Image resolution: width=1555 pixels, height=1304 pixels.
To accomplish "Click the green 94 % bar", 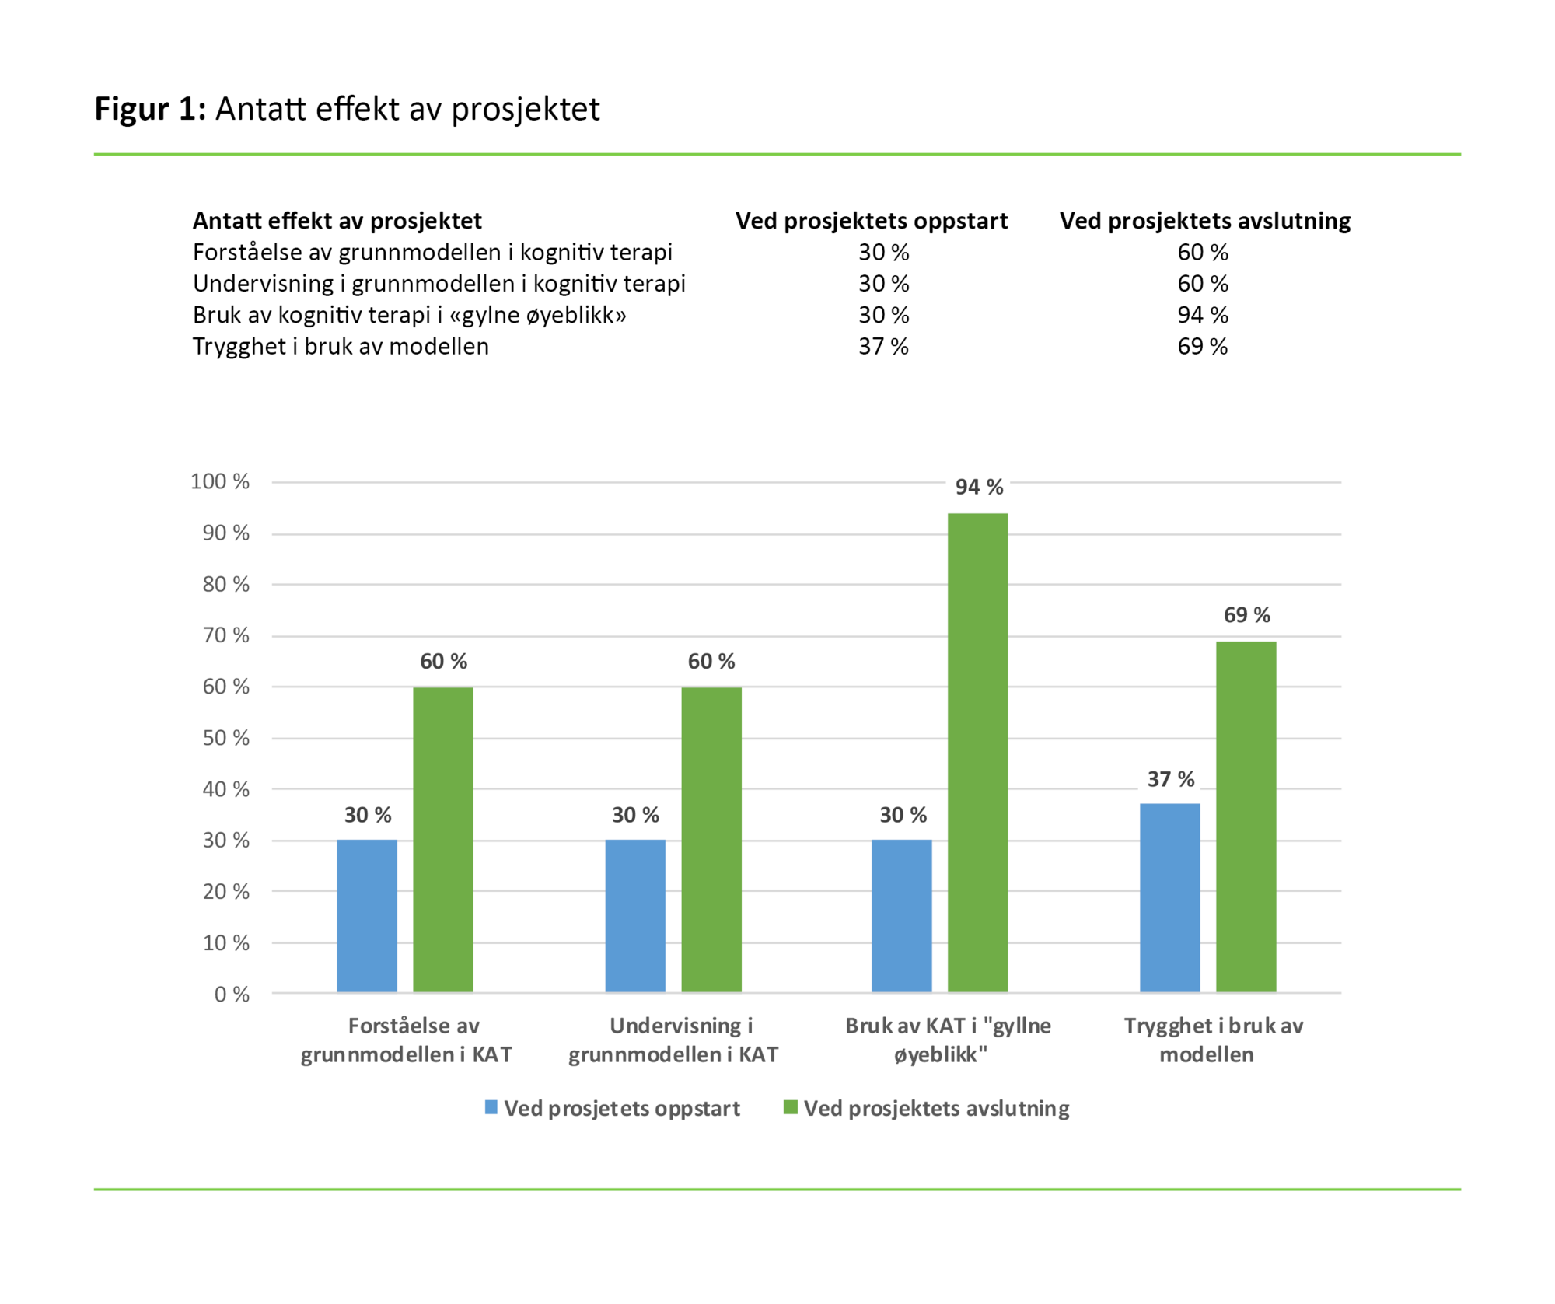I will coord(977,752).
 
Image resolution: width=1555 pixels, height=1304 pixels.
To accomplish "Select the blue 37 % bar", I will coord(1169,897).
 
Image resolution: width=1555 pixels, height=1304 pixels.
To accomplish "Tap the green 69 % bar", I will coord(1246,816).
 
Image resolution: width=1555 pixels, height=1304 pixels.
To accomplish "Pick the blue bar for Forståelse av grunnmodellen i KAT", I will coord(367,915).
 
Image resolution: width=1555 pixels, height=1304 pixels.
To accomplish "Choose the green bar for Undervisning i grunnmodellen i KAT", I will coord(711,839).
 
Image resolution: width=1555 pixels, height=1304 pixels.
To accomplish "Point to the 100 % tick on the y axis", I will coord(220,481).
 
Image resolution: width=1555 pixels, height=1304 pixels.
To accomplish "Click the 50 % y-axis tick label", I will coord(225,737).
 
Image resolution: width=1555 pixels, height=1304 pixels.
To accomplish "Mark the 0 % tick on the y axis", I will coord(232,994).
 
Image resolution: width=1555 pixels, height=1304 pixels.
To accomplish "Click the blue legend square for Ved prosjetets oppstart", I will coord(491,1107).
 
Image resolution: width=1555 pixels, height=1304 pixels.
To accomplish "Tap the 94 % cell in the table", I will coord(1202,315).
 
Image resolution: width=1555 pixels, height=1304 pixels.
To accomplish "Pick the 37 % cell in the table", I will coord(883,346).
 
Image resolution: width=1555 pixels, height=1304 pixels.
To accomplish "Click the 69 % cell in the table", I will coord(1202,346).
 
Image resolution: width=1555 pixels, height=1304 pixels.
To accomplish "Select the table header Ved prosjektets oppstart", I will coord(872,221).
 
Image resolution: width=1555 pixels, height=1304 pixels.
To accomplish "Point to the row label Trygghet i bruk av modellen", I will coord(341,346).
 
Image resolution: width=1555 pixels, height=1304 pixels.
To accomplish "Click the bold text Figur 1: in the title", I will coord(150,109).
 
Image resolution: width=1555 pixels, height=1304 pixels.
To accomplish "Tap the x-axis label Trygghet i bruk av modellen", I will coord(1212,1040).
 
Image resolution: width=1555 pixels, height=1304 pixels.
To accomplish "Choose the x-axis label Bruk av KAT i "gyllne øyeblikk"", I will coord(947,1040).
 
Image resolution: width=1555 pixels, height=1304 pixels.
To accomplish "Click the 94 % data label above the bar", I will coord(979,487).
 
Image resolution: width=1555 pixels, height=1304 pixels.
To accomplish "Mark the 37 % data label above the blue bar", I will coord(1170,778).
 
